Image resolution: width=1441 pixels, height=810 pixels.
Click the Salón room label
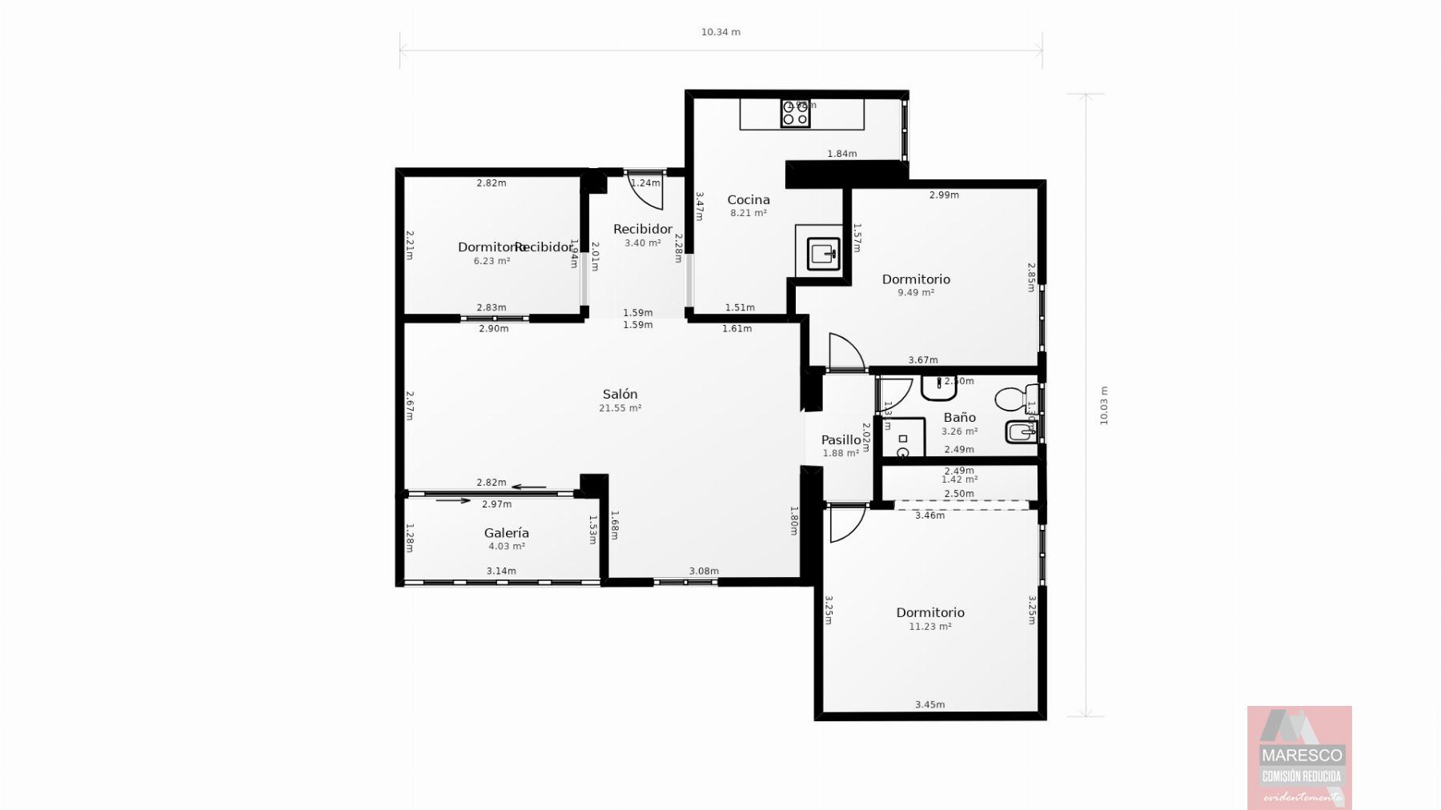(x=620, y=394)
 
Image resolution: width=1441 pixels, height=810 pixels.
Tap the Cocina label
(x=748, y=200)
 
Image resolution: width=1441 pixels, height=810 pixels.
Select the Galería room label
(x=506, y=533)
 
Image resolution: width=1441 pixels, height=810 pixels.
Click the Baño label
(x=959, y=418)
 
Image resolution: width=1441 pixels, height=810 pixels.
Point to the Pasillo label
(x=841, y=440)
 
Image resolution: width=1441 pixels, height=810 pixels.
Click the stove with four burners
(x=795, y=113)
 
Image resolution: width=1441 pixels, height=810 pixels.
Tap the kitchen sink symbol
(x=824, y=254)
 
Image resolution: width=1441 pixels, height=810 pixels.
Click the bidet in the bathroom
(x=1021, y=432)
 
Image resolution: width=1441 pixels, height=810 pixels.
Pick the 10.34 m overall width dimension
(x=720, y=33)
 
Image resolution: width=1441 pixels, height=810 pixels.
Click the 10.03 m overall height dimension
(x=1104, y=406)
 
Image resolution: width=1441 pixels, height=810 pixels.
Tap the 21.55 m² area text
(x=620, y=408)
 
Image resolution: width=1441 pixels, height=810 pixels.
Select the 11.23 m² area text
(x=929, y=627)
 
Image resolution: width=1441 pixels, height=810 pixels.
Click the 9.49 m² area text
(x=915, y=293)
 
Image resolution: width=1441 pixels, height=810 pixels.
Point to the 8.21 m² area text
(x=748, y=214)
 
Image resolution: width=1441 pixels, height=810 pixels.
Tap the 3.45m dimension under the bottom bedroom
(x=929, y=705)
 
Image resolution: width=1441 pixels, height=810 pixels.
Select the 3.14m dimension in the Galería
(x=501, y=571)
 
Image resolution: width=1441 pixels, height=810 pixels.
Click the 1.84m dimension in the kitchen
(x=841, y=154)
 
